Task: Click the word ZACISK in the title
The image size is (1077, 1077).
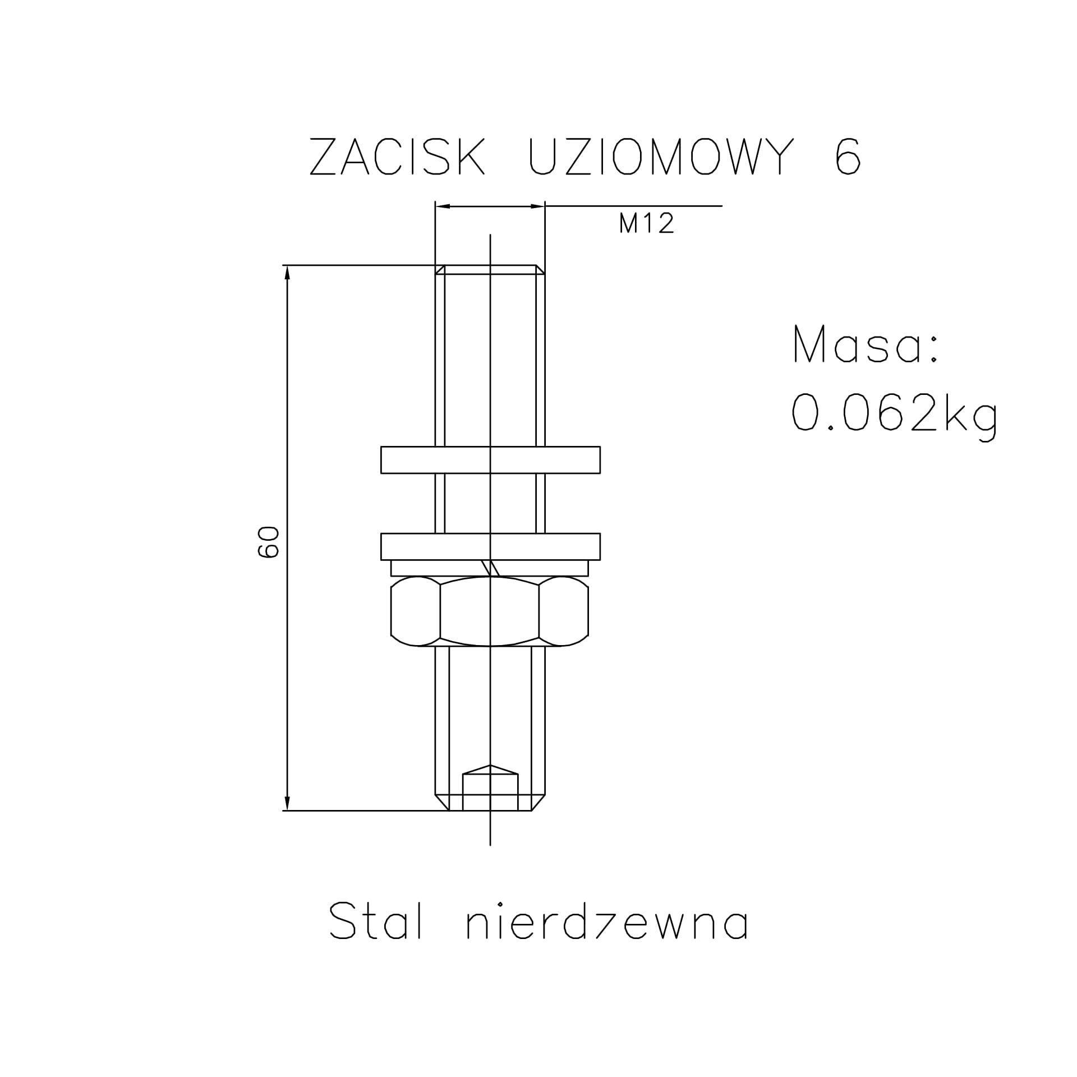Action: pyautogui.click(x=397, y=157)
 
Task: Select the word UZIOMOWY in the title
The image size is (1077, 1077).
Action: pyautogui.click(x=662, y=157)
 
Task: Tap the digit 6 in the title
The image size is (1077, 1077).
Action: pyautogui.click(x=848, y=157)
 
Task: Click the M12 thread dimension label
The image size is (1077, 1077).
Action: pyautogui.click(x=646, y=224)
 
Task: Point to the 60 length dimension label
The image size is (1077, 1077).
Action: pyautogui.click(x=269, y=542)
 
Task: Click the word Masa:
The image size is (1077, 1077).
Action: pyautogui.click(x=866, y=344)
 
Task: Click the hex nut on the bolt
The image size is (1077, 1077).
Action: pyautogui.click(x=490, y=611)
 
